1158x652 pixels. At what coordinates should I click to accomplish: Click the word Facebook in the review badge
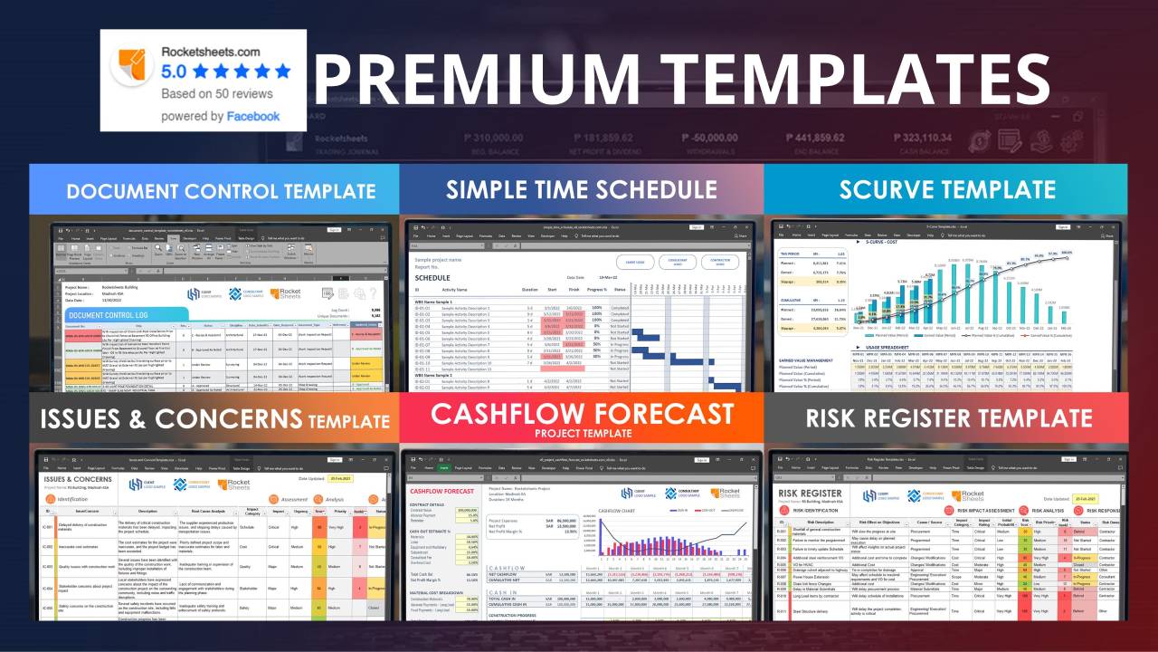[253, 116]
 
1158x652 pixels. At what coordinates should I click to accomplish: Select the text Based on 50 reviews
[216, 93]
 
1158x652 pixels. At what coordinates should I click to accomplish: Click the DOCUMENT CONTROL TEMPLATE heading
[221, 191]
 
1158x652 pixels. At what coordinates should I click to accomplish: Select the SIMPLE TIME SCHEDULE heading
[581, 189]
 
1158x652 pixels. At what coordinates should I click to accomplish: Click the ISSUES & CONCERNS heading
[172, 418]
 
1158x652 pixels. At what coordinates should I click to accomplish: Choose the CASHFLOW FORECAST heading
[582, 413]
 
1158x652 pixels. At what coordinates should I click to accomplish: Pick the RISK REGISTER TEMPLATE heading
[949, 417]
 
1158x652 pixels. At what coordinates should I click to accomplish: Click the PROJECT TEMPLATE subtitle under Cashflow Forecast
[581, 433]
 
